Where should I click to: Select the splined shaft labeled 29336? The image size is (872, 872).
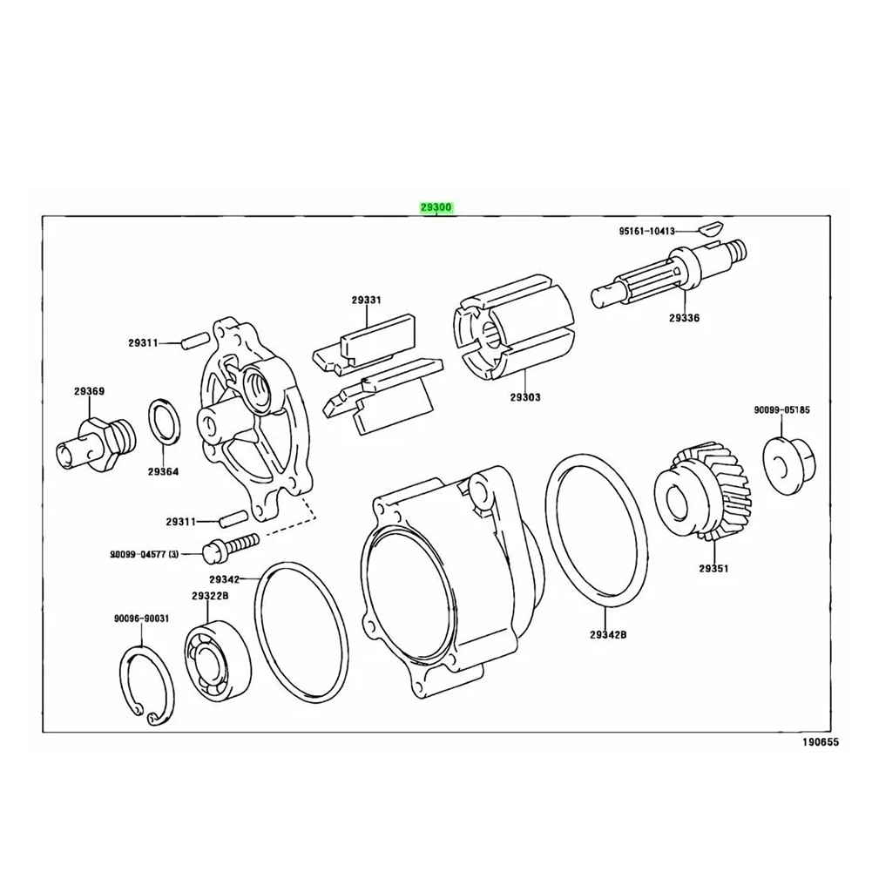point(672,275)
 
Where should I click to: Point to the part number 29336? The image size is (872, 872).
point(684,318)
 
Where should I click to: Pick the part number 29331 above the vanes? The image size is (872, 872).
point(367,300)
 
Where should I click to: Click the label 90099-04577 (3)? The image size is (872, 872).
point(143,553)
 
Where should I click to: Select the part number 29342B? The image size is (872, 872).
point(607,634)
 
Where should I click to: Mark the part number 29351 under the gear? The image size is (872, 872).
point(712,569)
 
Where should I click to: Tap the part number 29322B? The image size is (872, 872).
point(210,595)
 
